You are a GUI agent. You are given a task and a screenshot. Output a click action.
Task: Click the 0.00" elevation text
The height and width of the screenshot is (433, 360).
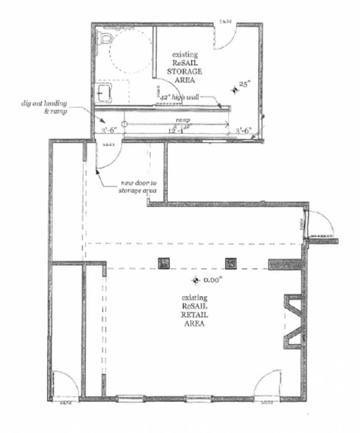(x=213, y=281)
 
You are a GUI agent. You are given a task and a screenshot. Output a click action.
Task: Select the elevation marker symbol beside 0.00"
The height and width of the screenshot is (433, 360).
(x=196, y=281)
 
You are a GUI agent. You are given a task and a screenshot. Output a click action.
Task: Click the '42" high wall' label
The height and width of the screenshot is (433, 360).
(x=179, y=96)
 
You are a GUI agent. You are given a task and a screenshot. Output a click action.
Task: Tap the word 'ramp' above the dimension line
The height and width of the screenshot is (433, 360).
(x=183, y=119)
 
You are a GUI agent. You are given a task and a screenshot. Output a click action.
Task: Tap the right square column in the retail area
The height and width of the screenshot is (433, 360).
(x=230, y=261)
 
